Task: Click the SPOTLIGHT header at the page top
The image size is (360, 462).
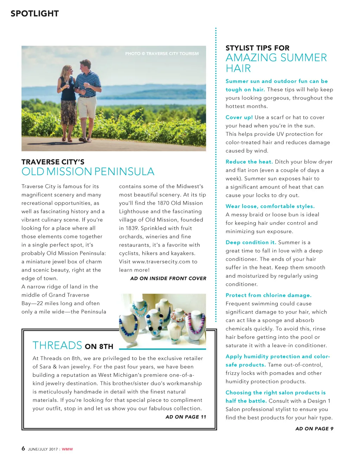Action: (34, 14)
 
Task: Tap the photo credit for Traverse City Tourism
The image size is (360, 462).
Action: (162, 54)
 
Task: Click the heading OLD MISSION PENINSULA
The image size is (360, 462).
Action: (88, 172)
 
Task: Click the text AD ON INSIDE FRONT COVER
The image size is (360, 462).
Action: (168, 278)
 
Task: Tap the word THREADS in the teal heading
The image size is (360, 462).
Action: (57, 346)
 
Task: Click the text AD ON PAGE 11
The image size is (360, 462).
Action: (186, 417)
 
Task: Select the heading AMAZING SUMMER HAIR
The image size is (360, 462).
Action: (276, 63)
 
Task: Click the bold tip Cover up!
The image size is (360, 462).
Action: (239, 117)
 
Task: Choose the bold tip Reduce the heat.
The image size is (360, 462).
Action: (249, 162)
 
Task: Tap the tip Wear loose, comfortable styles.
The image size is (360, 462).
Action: (270, 206)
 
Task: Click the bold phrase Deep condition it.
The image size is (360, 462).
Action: (251, 243)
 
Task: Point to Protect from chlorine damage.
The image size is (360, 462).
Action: (268, 295)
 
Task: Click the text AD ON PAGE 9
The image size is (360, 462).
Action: (314, 429)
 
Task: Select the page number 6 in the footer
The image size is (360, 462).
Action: (24, 449)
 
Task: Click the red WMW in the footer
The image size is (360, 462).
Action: (67, 449)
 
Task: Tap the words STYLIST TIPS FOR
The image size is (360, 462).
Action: (257, 48)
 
